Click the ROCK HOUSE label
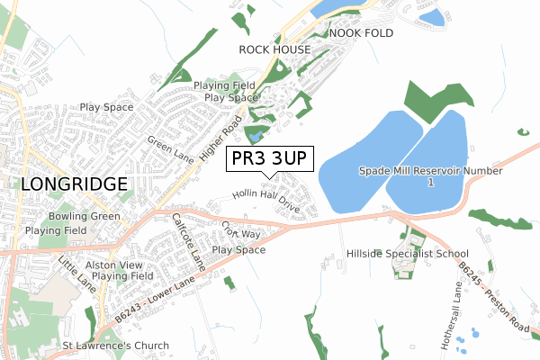(274, 49)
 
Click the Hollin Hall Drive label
(265, 200)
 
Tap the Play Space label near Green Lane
(106, 107)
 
